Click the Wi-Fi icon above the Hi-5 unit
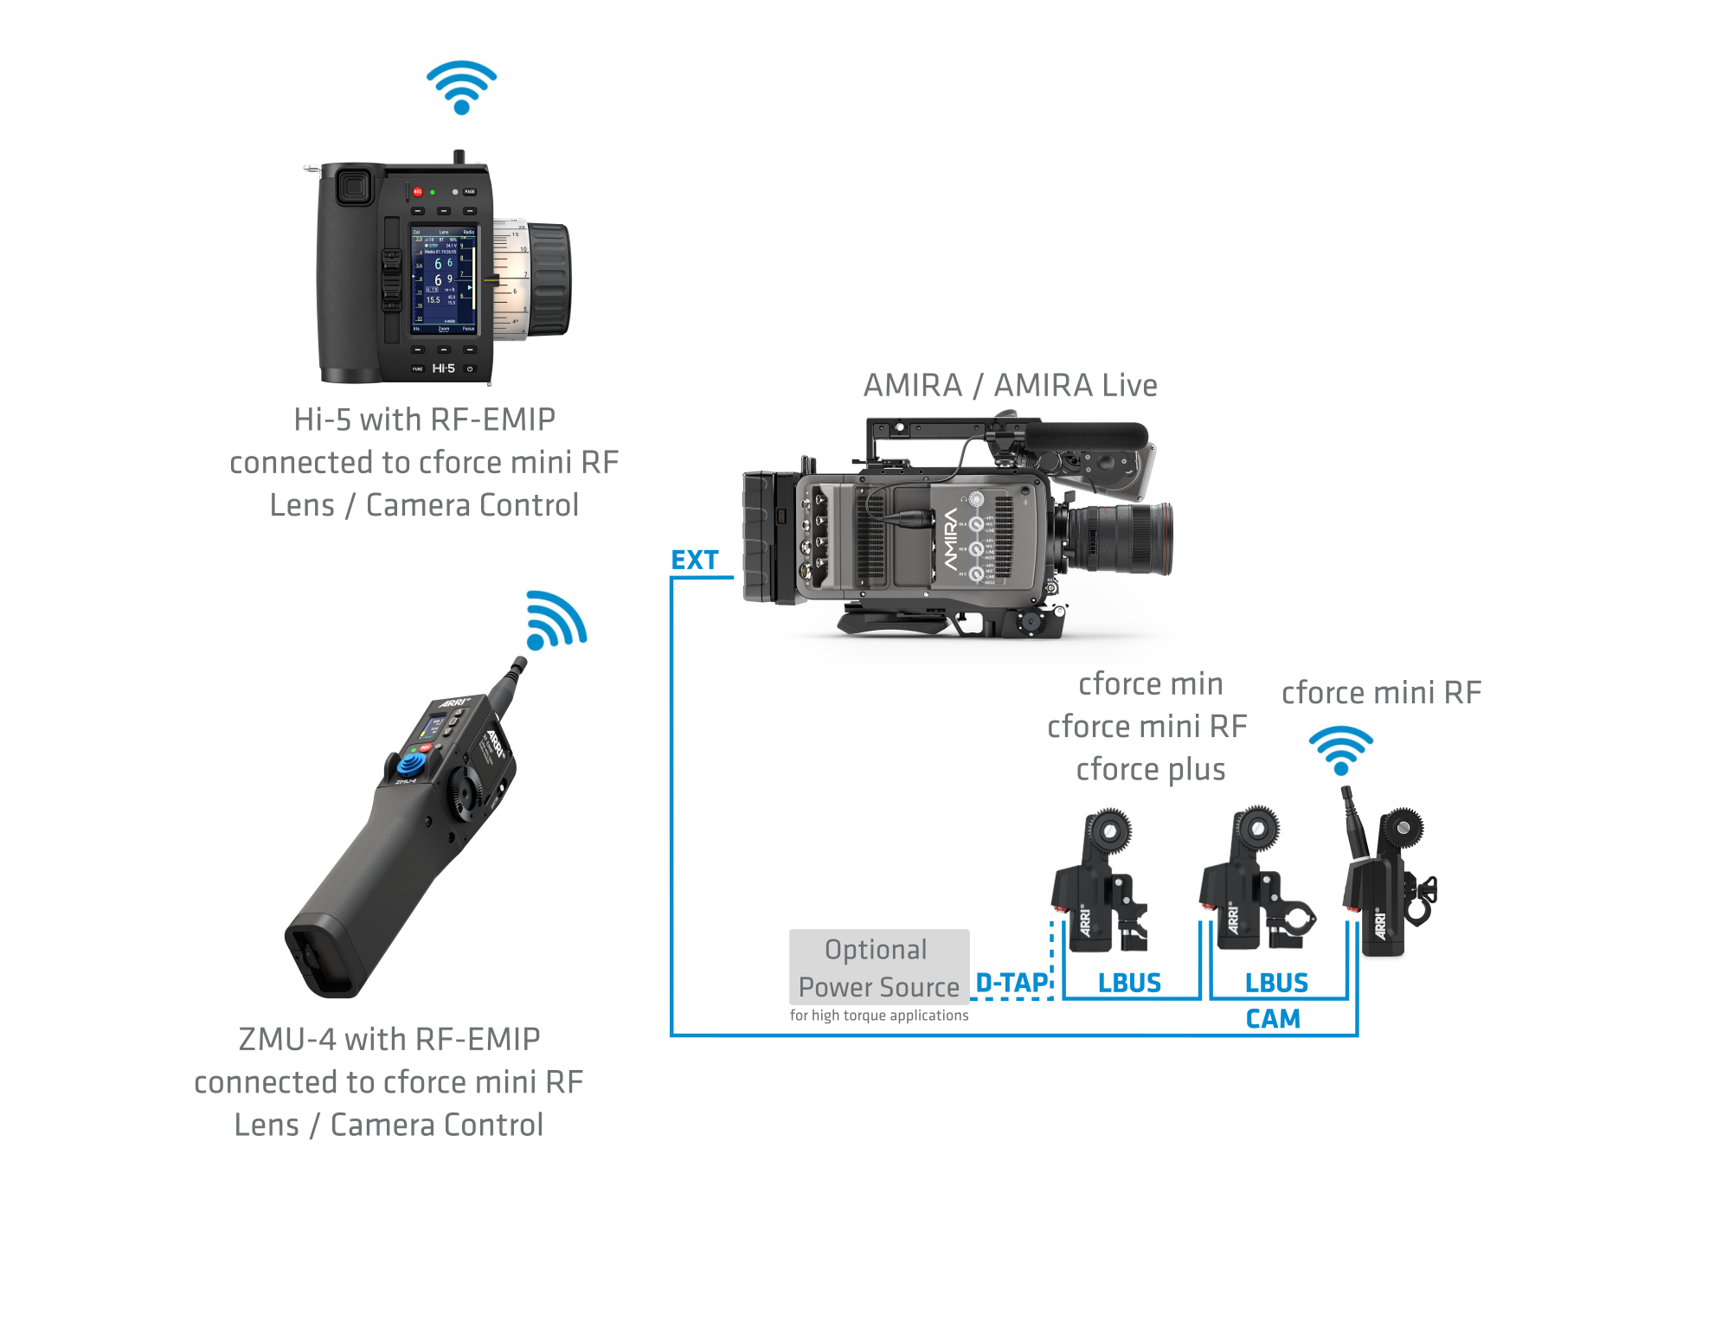coord(461,87)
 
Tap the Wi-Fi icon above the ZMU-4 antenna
coord(555,621)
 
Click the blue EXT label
coord(695,561)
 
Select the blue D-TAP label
coord(1012,984)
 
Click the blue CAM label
coord(1273,1019)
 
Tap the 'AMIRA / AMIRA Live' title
coord(1010,386)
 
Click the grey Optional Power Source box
coord(878,967)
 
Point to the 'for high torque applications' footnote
coord(878,1016)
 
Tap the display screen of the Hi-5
coord(443,280)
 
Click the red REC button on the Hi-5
coord(417,191)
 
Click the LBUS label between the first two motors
coord(1129,984)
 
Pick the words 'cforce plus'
coord(1150,770)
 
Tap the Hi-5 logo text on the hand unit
coord(443,369)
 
